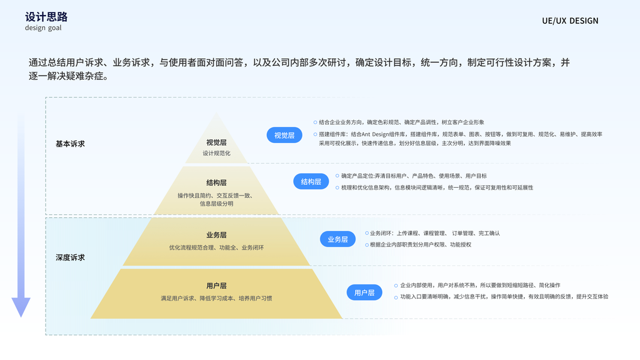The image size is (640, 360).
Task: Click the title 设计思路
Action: [x=46, y=16]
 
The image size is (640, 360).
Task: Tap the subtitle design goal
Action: [x=43, y=28]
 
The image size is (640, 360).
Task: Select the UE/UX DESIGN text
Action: [x=570, y=21]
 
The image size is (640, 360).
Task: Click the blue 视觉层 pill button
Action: [x=284, y=135]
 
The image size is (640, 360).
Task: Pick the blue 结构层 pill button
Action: [x=311, y=181]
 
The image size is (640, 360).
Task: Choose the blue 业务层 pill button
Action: [x=338, y=239]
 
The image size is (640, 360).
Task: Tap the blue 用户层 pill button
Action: [x=364, y=292]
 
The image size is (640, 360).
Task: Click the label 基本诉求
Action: [x=70, y=144]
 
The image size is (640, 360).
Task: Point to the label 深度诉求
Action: [x=70, y=257]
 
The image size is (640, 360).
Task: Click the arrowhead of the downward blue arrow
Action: [x=21, y=307]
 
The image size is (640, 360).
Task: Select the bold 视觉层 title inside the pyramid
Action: [x=217, y=143]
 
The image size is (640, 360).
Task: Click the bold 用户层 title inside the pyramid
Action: [x=217, y=286]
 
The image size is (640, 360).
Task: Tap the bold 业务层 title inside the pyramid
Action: [x=217, y=235]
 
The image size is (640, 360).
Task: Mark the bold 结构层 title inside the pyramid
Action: [x=217, y=182]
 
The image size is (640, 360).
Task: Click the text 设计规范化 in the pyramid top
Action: [x=217, y=154]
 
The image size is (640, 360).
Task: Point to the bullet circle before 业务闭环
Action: [x=367, y=233]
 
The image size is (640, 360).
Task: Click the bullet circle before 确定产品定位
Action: [x=338, y=176]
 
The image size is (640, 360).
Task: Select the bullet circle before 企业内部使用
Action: [x=396, y=286]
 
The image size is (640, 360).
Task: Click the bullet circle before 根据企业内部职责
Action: [x=367, y=244]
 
